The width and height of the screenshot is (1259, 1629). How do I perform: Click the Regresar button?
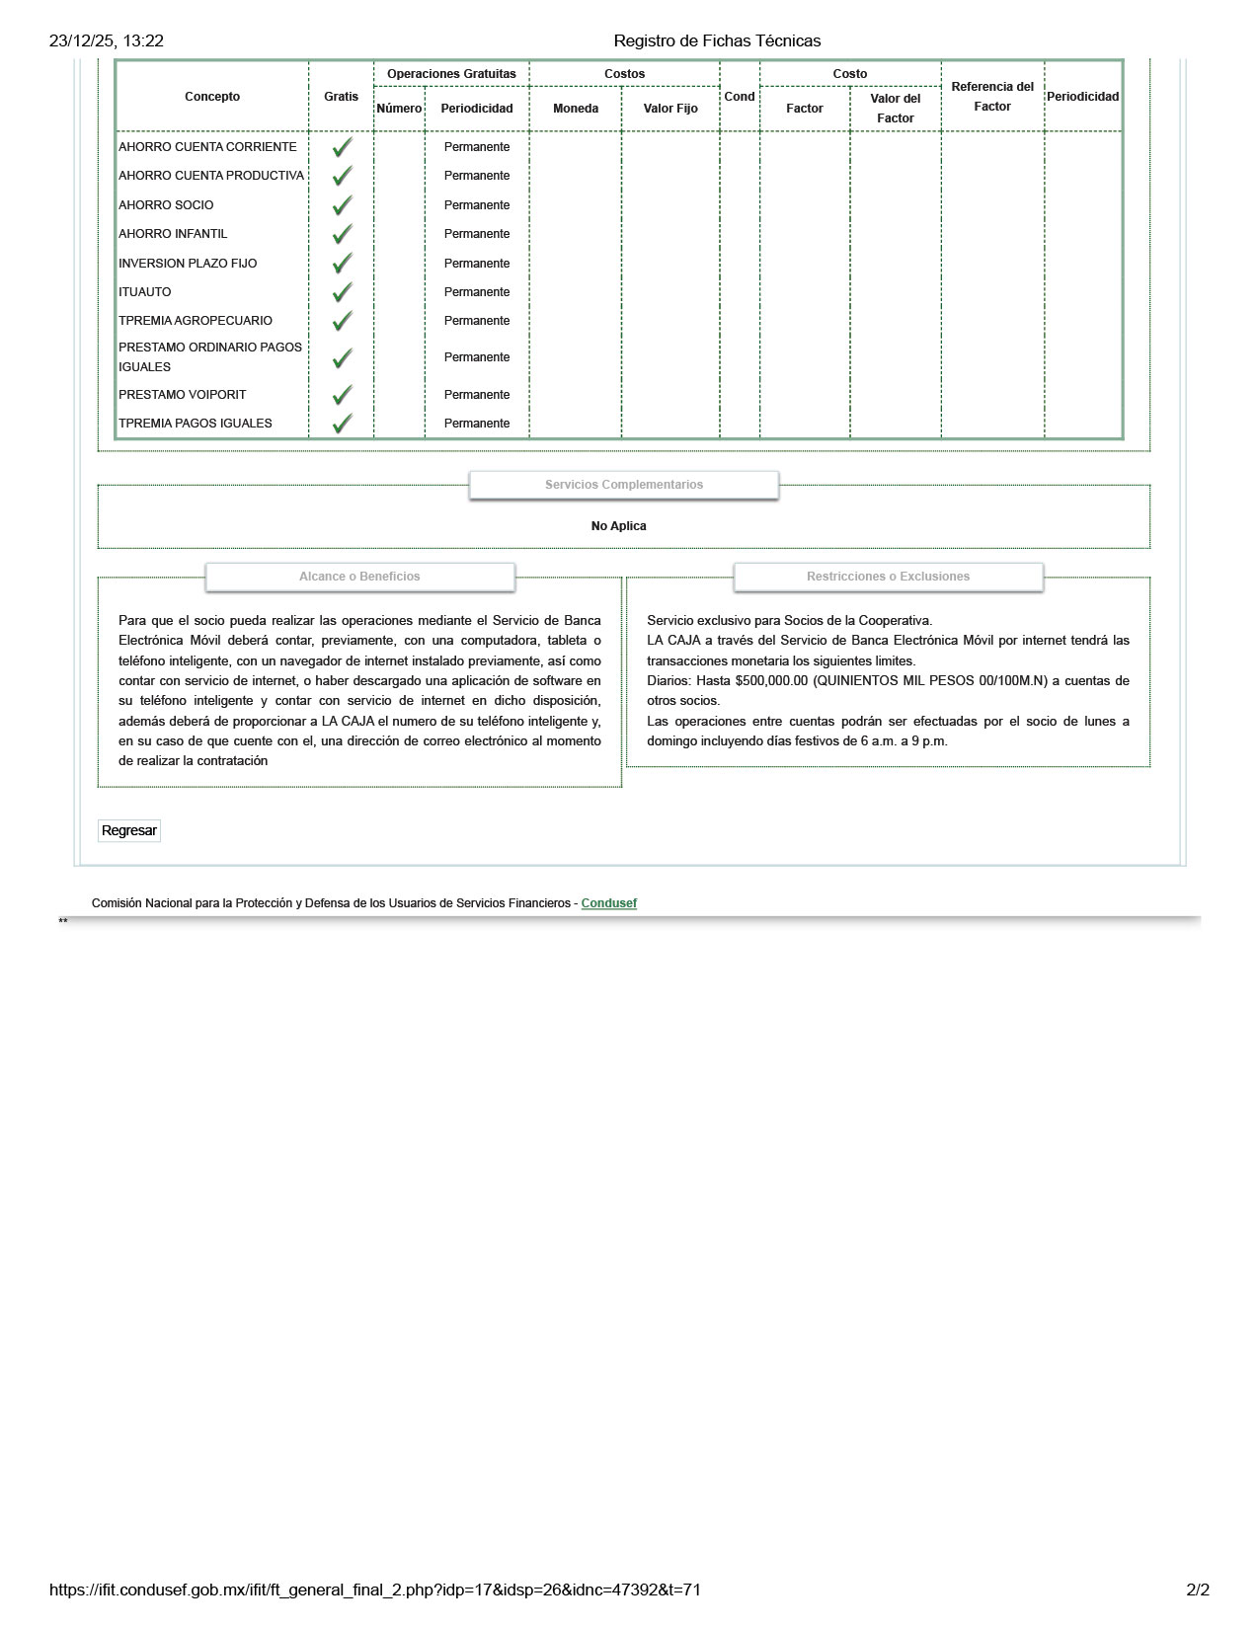click(x=129, y=830)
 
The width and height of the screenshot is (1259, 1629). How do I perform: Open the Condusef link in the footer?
click(x=608, y=903)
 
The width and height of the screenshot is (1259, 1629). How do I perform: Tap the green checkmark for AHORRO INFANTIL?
click(x=342, y=235)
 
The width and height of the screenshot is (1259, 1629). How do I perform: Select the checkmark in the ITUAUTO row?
click(x=342, y=293)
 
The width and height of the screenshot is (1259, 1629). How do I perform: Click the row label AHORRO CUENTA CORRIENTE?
click(x=207, y=147)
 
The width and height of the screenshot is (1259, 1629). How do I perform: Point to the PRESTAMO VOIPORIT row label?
click(x=183, y=395)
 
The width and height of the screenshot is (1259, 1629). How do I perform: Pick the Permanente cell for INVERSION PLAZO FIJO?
click(x=477, y=264)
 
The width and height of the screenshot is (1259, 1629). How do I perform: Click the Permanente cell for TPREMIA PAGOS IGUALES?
click(x=477, y=424)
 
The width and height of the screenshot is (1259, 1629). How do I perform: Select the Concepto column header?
click(x=212, y=97)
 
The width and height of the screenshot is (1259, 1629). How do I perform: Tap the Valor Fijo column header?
click(x=670, y=109)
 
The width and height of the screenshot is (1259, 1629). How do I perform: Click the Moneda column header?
click(x=576, y=109)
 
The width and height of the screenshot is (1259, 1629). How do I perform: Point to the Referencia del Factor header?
click(x=992, y=97)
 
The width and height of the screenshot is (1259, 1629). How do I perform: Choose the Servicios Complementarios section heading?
click(x=624, y=485)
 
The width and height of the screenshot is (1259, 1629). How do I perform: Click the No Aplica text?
click(x=619, y=526)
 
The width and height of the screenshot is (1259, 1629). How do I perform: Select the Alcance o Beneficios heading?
click(x=359, y=577)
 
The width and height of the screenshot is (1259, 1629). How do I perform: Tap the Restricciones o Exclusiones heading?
click(x=888, y=577)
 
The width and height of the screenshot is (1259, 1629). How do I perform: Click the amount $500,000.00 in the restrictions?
click(x=771, y=681)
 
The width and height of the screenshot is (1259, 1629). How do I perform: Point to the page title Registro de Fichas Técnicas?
click(x=717, y=40)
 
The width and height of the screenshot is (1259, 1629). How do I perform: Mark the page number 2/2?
click(x=1198, y=1590)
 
